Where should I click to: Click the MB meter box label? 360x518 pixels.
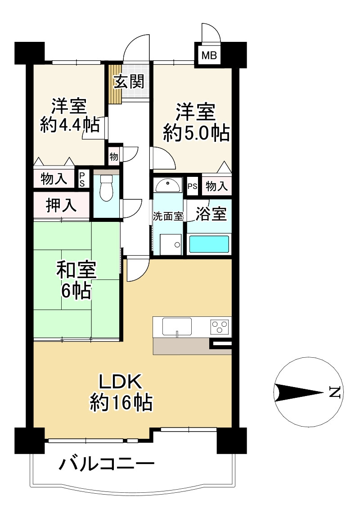[x=209, y=55]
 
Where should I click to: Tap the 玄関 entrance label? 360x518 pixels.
[x=129, y=81]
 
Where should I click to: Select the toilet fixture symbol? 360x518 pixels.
[x=106, y=188]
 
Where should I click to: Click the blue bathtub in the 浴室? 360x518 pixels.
[x=209, y=244]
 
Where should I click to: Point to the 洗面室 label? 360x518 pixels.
[x=168, y=216]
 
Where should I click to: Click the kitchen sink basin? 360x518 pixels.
[x=177, y=326]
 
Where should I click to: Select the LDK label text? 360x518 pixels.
[x=121, y=382]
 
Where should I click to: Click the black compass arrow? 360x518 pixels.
[x=298, y=392]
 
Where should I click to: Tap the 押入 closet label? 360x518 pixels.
[x=61, y=206]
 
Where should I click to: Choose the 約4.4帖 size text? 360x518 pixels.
[x=70, y=125]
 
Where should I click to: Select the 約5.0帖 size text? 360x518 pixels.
[x=197, y=133]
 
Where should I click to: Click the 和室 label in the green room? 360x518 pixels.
[x=76, y=270]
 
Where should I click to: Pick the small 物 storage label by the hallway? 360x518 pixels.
[x=114, y=156]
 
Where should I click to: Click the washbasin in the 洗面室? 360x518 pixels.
[x=168, y=186]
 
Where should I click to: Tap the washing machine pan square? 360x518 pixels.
[x=171, y=244]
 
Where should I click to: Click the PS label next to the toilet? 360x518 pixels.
[x=81, y=179]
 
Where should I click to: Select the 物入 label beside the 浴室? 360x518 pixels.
[x=216, y=186]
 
